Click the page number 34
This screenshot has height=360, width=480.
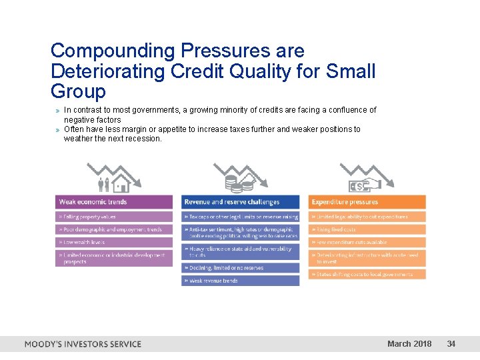coord(451,344)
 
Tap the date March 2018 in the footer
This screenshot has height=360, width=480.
coord(409,344)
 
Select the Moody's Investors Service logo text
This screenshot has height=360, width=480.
coord(83,344)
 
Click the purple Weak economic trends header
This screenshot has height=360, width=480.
coord(114,202)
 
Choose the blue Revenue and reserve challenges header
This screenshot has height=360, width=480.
coord(240,202)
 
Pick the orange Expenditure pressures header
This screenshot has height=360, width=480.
coord(367,202)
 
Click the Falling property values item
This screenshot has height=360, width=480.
coord(114,217)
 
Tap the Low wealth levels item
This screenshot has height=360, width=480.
coord(114,242)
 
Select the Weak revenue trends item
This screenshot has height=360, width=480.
coord(240,281)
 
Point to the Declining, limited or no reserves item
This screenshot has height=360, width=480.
coord(240,268)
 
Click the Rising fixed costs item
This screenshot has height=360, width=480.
coord(367,229)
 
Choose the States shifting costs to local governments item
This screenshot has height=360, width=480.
coord(367,274)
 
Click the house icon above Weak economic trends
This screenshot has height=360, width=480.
coord(120,182)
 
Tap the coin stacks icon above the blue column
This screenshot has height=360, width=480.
coord(239,182)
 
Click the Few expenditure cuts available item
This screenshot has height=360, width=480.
coord(367,242)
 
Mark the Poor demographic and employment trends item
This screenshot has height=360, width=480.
coord(114,229)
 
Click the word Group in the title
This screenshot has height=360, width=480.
coord(78,91)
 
